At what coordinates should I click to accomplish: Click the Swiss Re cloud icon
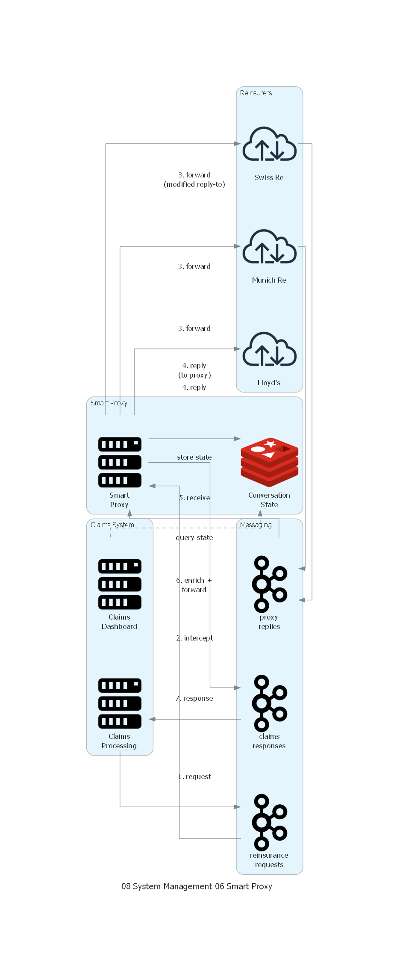269,144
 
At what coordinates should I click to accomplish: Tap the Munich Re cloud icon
269,247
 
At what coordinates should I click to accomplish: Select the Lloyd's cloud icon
269,349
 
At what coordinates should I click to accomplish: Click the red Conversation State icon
269,462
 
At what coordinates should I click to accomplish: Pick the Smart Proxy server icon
120,462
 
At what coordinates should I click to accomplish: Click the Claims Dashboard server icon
120,584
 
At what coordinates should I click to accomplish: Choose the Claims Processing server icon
120,703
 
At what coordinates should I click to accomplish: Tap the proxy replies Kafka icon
269,584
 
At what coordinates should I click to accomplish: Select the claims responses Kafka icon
269,703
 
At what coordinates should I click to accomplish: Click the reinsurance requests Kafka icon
269,822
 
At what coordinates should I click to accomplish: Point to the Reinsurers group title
256,93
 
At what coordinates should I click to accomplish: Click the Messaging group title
256,525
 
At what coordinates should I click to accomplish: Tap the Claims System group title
112,525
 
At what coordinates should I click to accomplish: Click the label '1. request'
195,776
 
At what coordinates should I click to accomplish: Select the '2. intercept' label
195,638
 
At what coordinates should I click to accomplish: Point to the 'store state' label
194,458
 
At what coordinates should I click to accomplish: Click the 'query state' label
194,538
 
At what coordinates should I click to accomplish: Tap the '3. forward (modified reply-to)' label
194,180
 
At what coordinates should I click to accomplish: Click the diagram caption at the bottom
197,886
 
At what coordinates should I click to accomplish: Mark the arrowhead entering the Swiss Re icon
238,144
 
